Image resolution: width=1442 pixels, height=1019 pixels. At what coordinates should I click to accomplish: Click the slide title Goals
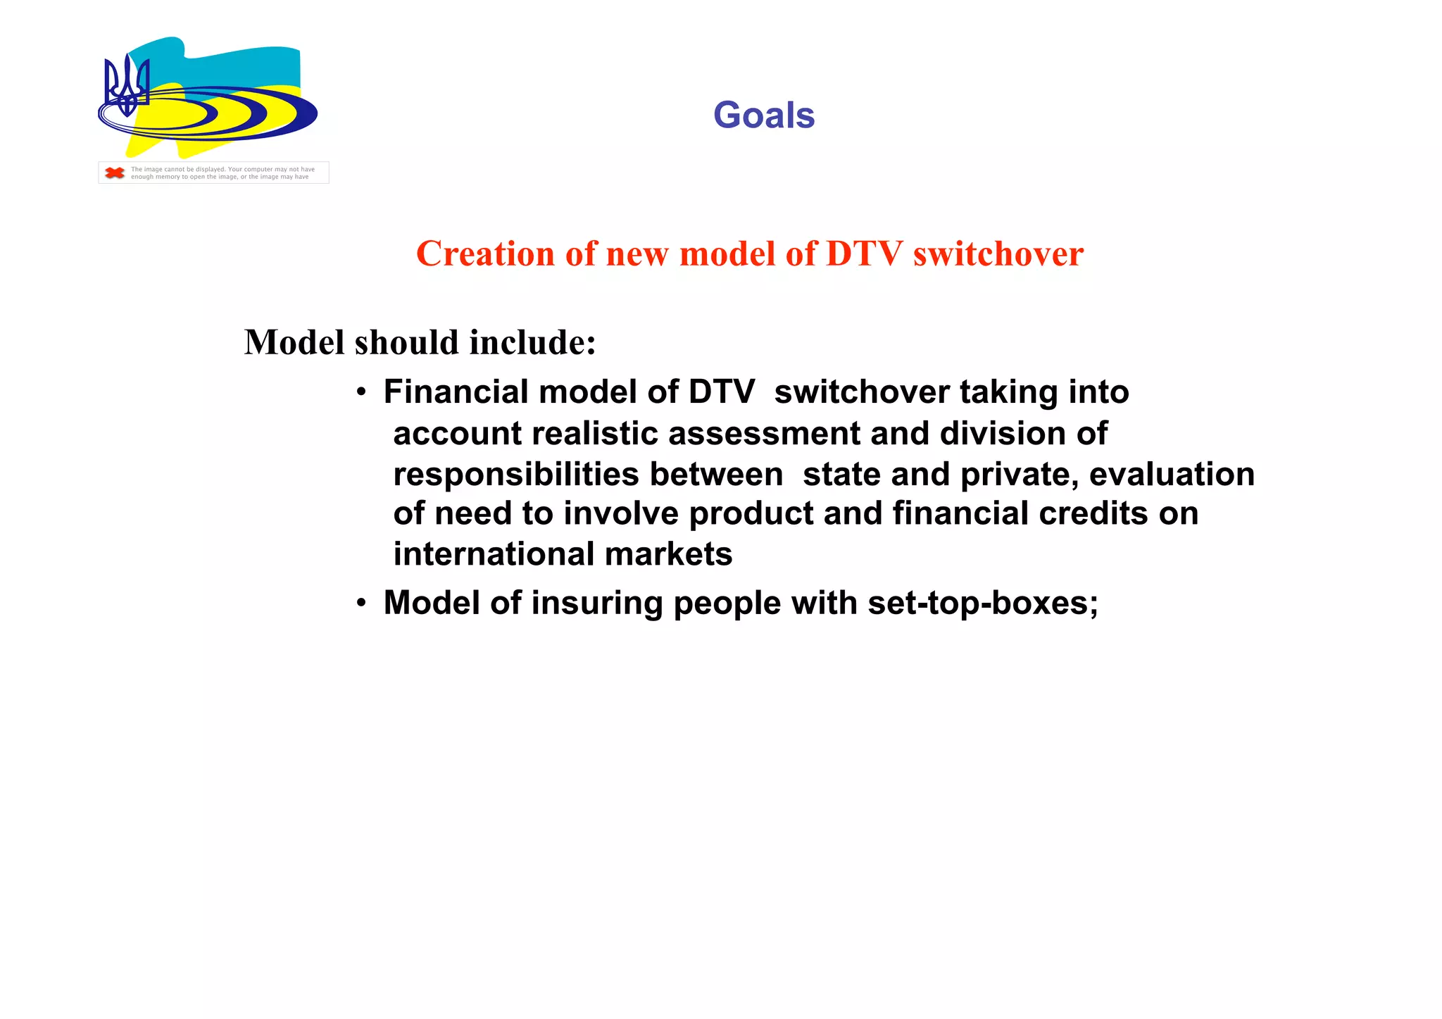pos(763,115)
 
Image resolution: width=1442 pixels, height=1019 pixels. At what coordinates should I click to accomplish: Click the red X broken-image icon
pos(114,173)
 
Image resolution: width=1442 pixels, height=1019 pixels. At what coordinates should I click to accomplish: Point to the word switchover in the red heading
pos(998,254)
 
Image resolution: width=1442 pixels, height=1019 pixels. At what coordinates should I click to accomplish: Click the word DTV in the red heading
pos(864,254)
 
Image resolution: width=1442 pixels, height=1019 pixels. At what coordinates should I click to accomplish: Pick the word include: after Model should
pos(533,343)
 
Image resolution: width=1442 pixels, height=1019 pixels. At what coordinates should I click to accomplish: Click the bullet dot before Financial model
pos(360,393)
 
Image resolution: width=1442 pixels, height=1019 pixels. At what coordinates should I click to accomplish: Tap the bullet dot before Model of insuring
pos(360,604)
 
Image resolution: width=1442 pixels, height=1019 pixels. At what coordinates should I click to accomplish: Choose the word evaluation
pos(1172,474)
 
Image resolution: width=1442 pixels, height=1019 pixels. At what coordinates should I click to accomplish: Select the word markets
pos(668,554)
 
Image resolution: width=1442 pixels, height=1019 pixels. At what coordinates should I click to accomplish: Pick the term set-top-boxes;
pos(983,604)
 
